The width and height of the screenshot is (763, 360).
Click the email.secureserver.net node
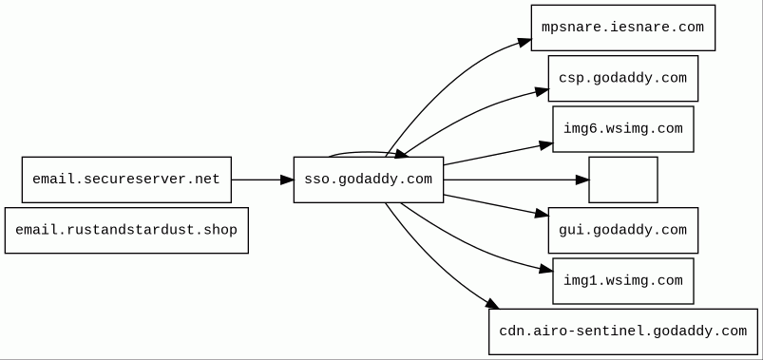(126, 180)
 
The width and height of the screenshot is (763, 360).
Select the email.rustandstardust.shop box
(126, 230)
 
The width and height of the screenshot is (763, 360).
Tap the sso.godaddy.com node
(369, 180)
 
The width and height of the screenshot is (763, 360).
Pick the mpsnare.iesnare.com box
(623, 28)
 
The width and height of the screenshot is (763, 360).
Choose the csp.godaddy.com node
(623, 78)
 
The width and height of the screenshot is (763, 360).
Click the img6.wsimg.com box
(623, 129)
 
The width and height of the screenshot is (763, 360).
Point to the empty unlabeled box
(623, 180)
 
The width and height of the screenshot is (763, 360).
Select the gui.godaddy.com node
(623, 230)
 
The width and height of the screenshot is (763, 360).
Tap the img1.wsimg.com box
(623, 281)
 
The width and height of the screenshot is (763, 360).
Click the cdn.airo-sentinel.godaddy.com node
(623, 332)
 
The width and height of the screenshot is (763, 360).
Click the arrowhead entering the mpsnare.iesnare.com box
(525, 43)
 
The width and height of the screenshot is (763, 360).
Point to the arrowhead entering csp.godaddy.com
(542, 91)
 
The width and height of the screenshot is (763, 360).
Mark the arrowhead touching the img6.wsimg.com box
(546, 145)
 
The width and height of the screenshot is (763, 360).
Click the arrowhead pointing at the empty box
(582, 180)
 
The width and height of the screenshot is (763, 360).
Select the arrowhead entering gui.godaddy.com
(542, 213)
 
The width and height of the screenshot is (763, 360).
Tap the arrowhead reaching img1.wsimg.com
(546, 268)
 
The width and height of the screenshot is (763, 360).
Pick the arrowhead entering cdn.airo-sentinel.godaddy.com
(492, 304)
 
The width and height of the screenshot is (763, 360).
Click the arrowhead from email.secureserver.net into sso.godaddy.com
(287, 180)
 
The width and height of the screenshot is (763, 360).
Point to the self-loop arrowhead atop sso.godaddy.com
(400, 154)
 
